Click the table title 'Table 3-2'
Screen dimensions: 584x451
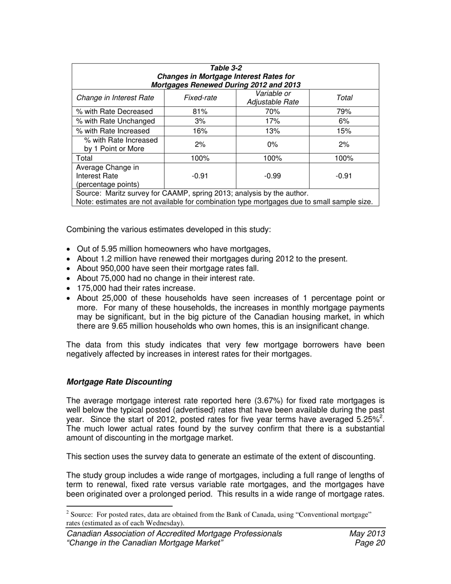tap(225, 68)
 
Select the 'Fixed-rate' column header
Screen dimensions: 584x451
tap(200, 98)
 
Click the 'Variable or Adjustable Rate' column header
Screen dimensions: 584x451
tap(272, 98)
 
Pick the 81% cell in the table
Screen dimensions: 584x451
tap(200, 112)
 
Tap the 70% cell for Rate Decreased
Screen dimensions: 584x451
tap(272, 112)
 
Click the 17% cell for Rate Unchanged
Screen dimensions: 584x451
tap(272, 121)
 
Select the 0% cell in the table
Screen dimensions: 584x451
tap(272, 144)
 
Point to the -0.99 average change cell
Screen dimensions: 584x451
tap(272, 176)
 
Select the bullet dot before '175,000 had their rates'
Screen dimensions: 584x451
tap(70, 289)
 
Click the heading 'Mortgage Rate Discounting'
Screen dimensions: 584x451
tap(119, 382)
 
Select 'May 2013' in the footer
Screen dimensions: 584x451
tap(366, 534)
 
